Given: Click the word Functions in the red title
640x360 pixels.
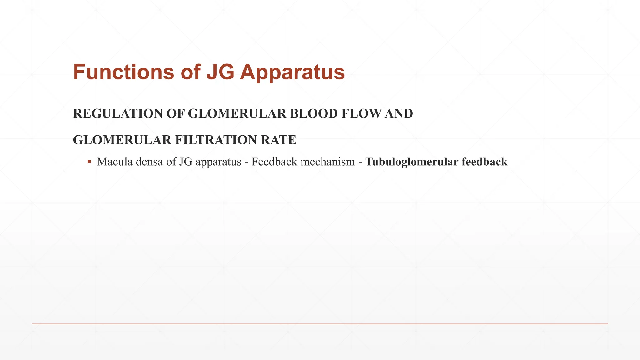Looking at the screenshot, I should point(123,72).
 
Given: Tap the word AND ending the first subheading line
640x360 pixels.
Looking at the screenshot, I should point(399,114).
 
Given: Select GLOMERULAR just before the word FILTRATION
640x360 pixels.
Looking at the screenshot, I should point(122,140).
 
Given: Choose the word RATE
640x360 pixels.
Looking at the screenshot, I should point(278,140).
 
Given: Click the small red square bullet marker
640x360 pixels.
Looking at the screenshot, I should point(89,162).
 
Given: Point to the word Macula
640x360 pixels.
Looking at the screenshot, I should point(114,162).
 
